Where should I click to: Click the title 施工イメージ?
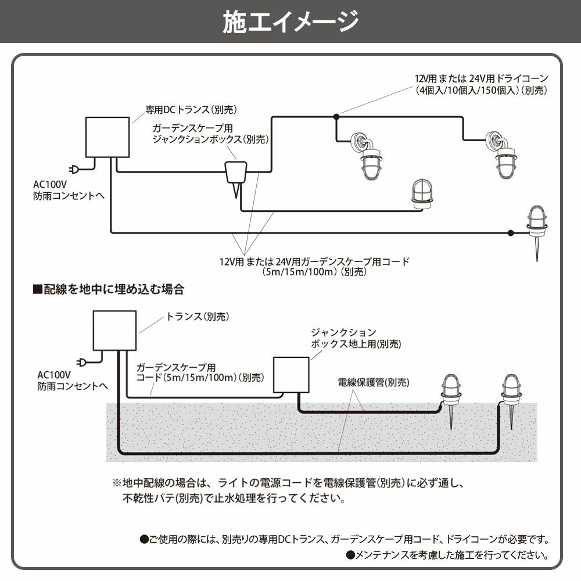(x=290, y=22)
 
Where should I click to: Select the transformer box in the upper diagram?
(x=107, y=137)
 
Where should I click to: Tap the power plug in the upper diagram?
(x=75, y=170)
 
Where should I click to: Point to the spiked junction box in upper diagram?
(x=235, y=174)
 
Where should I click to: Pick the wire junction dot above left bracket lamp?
(x=336, y=117)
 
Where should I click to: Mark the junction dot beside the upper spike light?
(x=510, y=233)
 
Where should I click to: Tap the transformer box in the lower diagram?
(x=114, y=330)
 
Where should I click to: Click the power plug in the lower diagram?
(x=82, y=363)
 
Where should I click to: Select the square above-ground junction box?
(x=291, y=375)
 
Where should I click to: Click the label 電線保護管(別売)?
(x=374, y=382)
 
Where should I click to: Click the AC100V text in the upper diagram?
(x=49, y=185)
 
